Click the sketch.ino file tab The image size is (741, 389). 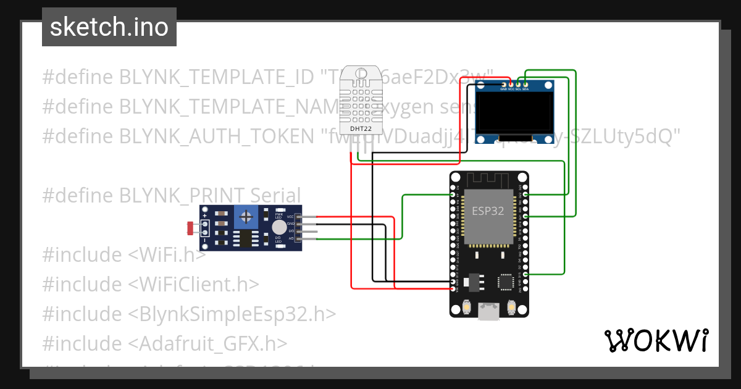109,27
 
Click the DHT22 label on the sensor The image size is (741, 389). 361,128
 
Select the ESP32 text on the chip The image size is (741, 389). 488,211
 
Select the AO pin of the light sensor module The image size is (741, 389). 299,238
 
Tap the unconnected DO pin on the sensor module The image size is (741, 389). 299,232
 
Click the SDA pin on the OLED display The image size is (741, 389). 525,85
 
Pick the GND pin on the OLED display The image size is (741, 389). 503,85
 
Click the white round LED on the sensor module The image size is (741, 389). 279,227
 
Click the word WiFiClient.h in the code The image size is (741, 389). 194,284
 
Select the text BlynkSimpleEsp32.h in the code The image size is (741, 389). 232,314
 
